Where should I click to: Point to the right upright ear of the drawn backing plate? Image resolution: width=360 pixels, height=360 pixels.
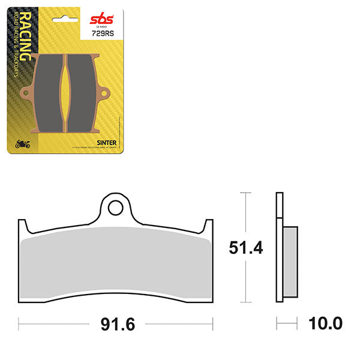point(209,228)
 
